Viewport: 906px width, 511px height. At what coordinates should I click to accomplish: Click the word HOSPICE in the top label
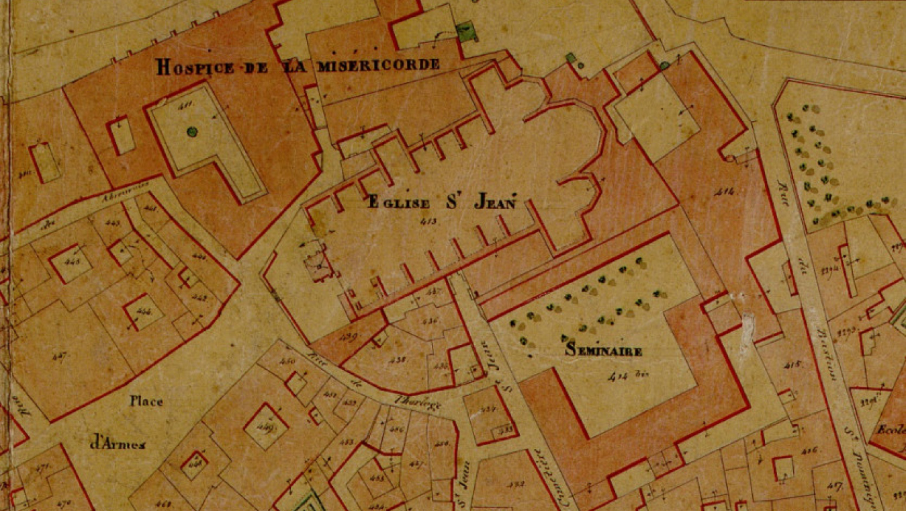194,67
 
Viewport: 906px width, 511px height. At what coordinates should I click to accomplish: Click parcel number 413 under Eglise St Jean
427,221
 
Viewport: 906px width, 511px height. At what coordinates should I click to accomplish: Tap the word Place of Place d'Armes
146,401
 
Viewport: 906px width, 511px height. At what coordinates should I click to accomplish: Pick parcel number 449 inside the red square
265,426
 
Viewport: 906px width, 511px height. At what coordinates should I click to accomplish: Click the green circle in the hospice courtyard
192,132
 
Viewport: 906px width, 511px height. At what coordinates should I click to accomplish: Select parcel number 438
398,360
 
